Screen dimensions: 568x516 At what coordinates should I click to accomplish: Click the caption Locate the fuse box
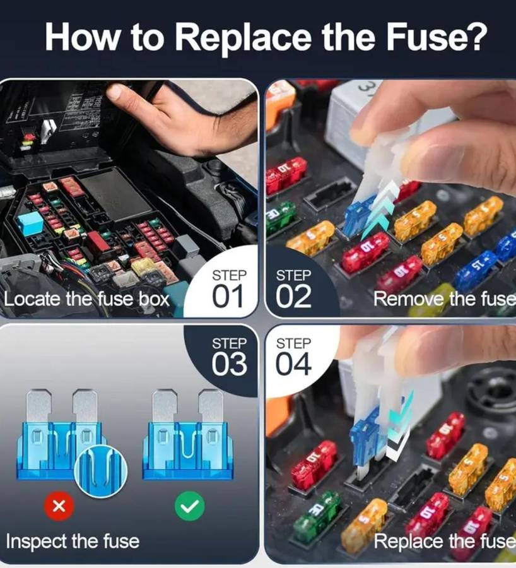[87, 298]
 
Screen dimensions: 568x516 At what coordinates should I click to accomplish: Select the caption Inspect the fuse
[73, 541]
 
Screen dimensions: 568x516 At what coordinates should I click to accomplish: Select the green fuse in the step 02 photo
[279, 216]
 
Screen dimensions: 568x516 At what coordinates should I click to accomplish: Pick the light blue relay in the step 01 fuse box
[30, 223]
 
